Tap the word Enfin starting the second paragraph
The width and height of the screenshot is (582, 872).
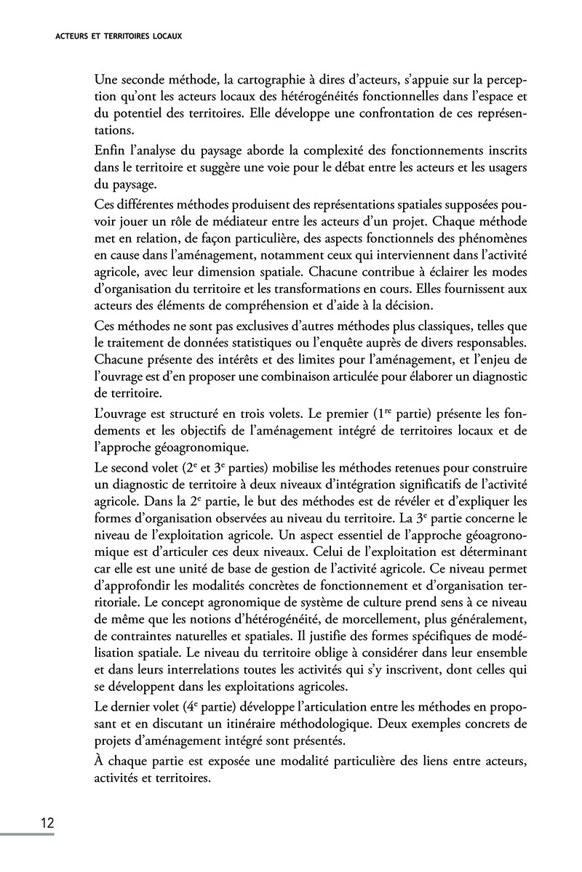(110, 150)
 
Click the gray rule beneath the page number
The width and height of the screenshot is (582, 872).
(27, 833)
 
